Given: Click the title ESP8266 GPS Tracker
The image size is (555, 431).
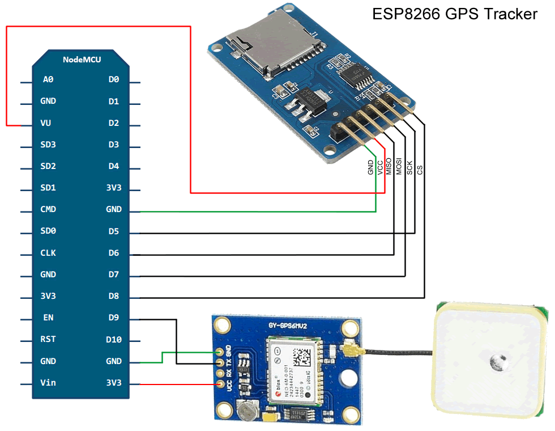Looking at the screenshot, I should click(x=454, y=14).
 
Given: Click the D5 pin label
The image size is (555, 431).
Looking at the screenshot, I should click(x=114, y=231).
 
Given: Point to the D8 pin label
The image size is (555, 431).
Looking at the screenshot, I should click(x=114, y=296).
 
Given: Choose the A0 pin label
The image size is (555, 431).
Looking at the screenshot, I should click(x=48, y=80).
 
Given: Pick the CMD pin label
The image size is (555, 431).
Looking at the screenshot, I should click(x=48, y=209).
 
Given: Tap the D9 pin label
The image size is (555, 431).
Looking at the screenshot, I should click(x=114, y=318).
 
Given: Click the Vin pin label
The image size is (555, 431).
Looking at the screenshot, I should click(x=48, y=383).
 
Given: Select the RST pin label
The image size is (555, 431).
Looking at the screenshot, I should click(x=48, y=339).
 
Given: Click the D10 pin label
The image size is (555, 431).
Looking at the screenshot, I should click(x=114, y=340).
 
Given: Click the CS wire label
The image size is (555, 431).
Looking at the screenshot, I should click(x=420, y=169).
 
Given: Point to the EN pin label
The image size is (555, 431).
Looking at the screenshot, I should click(x=48, y=318).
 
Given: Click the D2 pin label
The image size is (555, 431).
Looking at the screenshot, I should click(x=114, y=123).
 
